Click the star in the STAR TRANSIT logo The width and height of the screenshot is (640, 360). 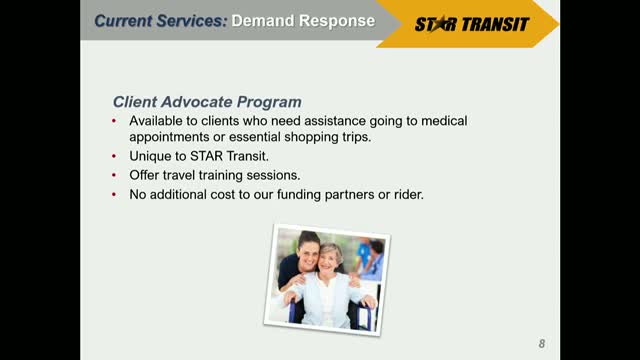[x=439, y=24]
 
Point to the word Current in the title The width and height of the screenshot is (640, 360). [x=123, y=20]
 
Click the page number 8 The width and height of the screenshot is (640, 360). [x=542, y=344]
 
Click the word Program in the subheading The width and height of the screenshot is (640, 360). [x=269, y=102]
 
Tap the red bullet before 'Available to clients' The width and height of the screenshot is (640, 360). [x=114, y=121]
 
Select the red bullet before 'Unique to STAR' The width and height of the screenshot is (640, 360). [x=114, y=156]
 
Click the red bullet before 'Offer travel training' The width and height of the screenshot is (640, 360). [x=114, y=175]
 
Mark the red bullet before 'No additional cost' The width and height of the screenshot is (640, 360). [x=114, y=194]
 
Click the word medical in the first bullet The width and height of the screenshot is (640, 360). [x=444, y=121]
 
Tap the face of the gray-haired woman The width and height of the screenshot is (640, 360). [x=330, y=261]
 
